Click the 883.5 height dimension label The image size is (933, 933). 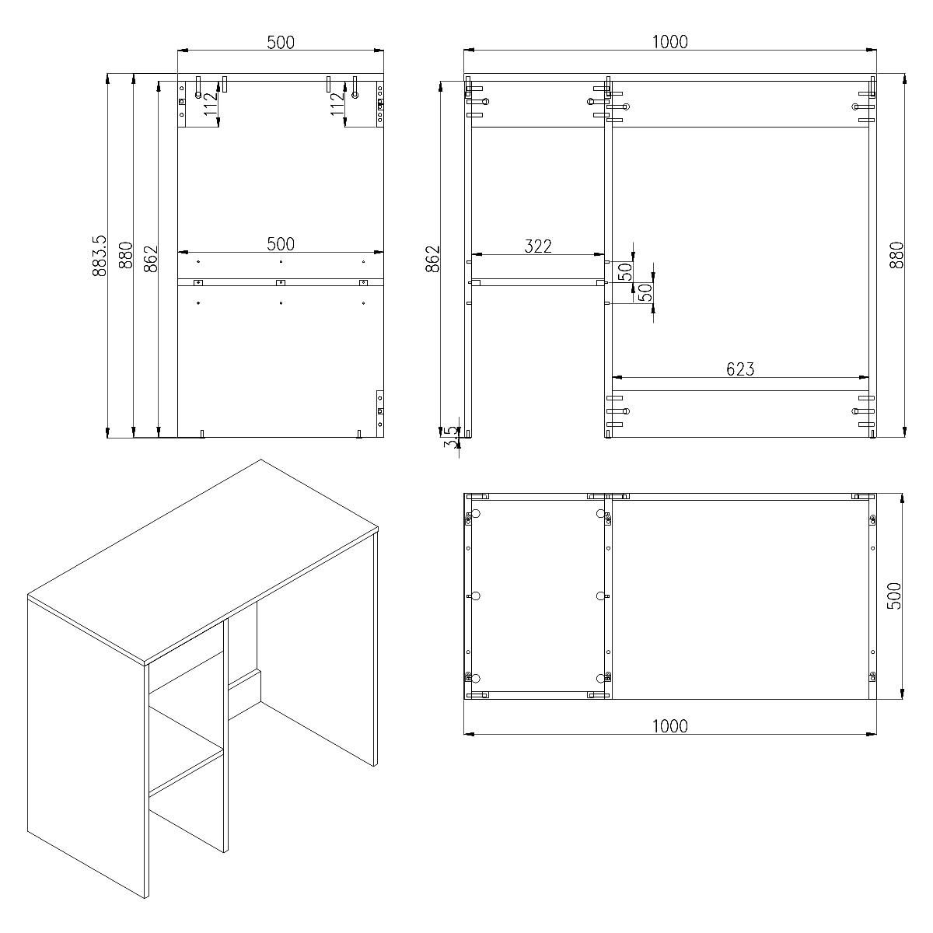click(100, 256)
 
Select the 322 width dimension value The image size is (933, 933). click(538, 246)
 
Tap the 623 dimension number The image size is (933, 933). click(740, 369)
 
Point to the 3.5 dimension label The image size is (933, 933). click(451, 437)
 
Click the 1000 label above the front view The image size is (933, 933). click(669, 42)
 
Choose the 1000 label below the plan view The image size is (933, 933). click(669, 726)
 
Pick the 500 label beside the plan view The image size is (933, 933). click(894, 596)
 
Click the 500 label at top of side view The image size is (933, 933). click(281, 43)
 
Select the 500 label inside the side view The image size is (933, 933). click(281, 244)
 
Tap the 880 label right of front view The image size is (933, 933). click(896, 255)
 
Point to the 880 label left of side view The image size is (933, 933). click(125, 255)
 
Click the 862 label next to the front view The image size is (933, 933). click(433, 259)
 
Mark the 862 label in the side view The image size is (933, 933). click(151, 259)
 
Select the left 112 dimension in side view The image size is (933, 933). click(210, 103)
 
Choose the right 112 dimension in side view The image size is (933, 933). click(337, 103)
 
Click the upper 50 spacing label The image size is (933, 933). click(626, 272)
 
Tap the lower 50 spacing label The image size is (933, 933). click(645, 292)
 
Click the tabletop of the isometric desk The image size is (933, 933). click(204, 561)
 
